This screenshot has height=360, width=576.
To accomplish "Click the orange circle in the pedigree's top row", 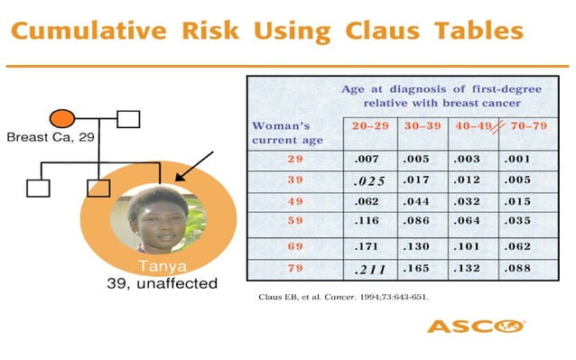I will [x=61, y=117].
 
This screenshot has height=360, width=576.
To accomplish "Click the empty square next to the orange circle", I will [x=129, y=118].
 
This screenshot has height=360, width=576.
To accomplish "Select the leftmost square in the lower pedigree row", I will [x=37, y=188].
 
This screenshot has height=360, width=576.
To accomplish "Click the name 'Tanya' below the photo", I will [x=158, y=267].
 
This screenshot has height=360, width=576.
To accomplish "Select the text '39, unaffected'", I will [x=157, y=283].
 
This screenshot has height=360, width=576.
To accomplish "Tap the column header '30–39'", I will [x=422, y=125].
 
